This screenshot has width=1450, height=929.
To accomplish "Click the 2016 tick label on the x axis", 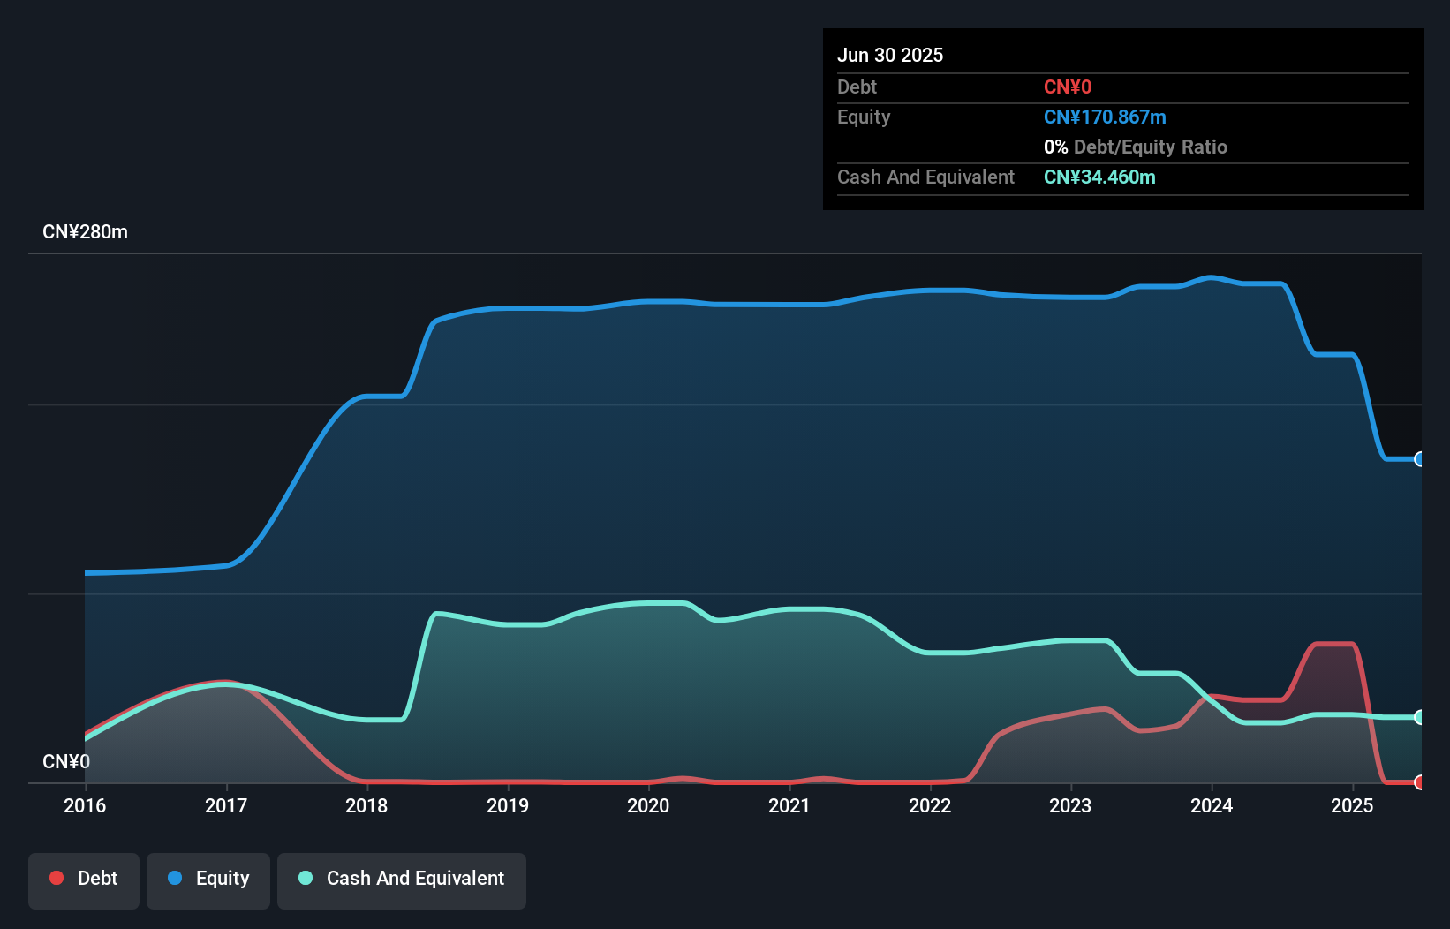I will point(85,805).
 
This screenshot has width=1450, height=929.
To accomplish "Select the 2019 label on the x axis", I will point(508,805).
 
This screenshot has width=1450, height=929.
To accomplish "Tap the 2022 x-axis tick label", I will point(930,805).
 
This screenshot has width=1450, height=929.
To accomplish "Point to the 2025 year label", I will point(1352,805).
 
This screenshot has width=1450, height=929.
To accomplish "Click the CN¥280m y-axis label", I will point(85,232).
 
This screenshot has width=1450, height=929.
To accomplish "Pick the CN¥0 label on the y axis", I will point(66,761).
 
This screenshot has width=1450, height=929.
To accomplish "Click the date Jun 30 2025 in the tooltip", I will point(890,55).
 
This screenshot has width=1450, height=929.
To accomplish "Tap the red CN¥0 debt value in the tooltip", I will point(1068,87).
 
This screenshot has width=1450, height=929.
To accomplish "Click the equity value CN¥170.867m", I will point(1105,117).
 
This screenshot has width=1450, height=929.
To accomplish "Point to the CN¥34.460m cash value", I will point(1099,177).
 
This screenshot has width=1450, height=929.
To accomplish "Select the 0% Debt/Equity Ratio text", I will point(1136,147).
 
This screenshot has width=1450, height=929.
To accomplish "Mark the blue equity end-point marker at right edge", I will point(1420,459).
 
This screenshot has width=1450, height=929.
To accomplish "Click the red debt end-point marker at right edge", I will point(1420,782).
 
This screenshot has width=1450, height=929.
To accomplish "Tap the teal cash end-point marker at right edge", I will point(1420,717).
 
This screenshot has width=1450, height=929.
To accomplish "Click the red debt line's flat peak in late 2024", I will point(1334,644).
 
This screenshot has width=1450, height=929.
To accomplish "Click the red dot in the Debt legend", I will point(57,878).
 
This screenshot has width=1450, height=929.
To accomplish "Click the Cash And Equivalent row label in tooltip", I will point(925,177).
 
